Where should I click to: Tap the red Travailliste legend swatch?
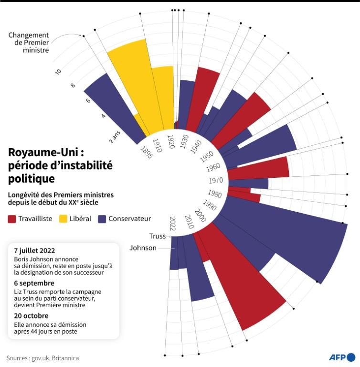pos(12,219)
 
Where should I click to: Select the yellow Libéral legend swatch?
pos(63,219)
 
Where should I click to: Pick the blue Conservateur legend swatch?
pos(102,219)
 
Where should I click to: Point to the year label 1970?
pos(216,181)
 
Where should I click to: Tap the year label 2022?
pos(173,223)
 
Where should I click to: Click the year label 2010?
pos(189,221)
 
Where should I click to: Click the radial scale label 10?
pos(58,71)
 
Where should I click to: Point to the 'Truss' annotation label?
pos(157,236)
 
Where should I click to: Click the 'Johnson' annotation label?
pos(143,248)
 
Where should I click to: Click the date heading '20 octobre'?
pos(32,315)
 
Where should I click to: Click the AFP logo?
pos(342,357)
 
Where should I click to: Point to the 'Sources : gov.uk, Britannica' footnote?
pos(42,358)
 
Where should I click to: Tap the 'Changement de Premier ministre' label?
pos(29,42)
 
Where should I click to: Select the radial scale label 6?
pos(88,101)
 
